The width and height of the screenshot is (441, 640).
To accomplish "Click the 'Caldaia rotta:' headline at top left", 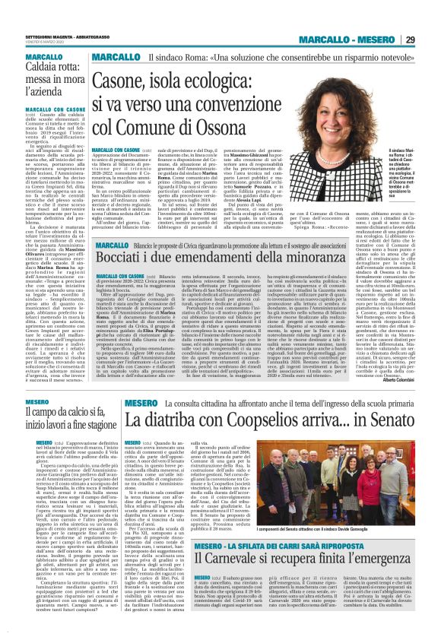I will coord(33,68).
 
